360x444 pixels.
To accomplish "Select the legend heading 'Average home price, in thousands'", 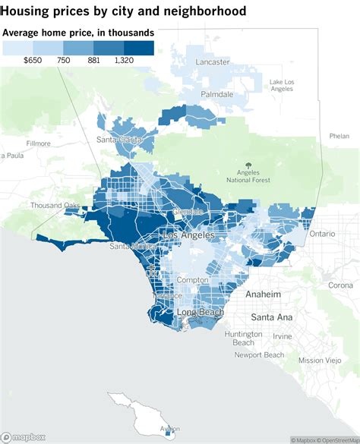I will click(x=79, y=33).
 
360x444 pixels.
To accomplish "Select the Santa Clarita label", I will click(x=118, y=140).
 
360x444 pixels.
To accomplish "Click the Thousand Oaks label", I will click(x=55, y=206).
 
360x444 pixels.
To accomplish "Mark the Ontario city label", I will click(x=321, y=234).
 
